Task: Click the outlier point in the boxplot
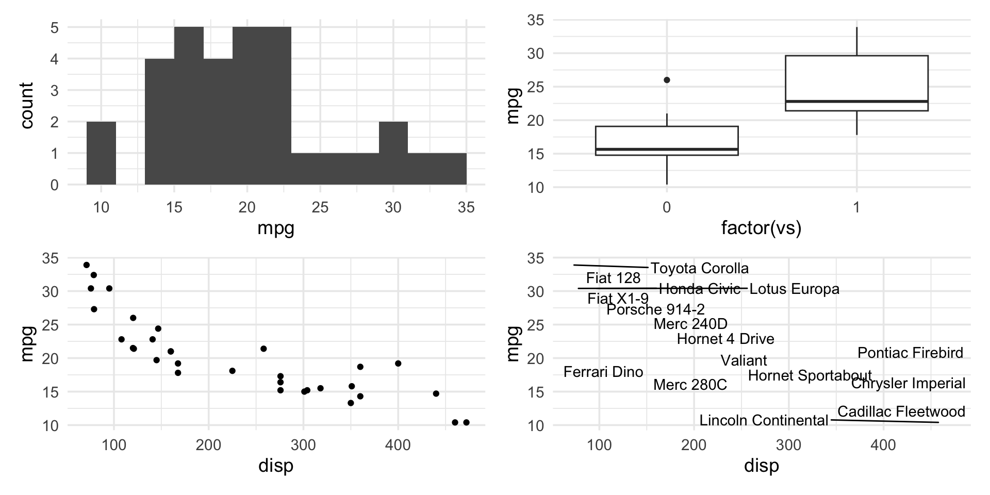pyautogui.click(x=667, y=80)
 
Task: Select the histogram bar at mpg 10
pyautogui.click(x=101, y=153)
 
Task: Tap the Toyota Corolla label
pyautogui.click(x=699, y=268)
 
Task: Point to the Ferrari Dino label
pyautogui.click(x=603, y=372)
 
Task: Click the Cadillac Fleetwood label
pyautogui.click(x=901, y=411)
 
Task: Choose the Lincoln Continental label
pyautogui.click(x=763, y=420)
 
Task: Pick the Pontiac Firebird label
pyautogui.click(x=910, y=353)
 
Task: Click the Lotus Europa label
pyautogui.click(x=794, y=289)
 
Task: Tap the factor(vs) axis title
pyautogui.click(x=761, y=227)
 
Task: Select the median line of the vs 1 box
pyautogui.click(x=856, y=101)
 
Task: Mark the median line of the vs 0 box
pyautogui.click(x=667, y=149)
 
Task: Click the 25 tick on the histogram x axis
pyautogui.click(x=320, y=208)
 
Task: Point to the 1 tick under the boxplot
pyautogui.click(x=856, y=208)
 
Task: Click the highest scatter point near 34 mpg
pyautogui.click(x=87, y=265)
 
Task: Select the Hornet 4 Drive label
pyautogui.click(x=725, y=339)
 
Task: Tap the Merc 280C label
pyautogui.click(x=690, y=385)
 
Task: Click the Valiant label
pyautogui.click(x=744, y=360)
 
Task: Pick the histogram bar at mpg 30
pyautogui.click(x=393, y=153)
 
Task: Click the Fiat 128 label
pyautogui.click(x=613, y=278)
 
